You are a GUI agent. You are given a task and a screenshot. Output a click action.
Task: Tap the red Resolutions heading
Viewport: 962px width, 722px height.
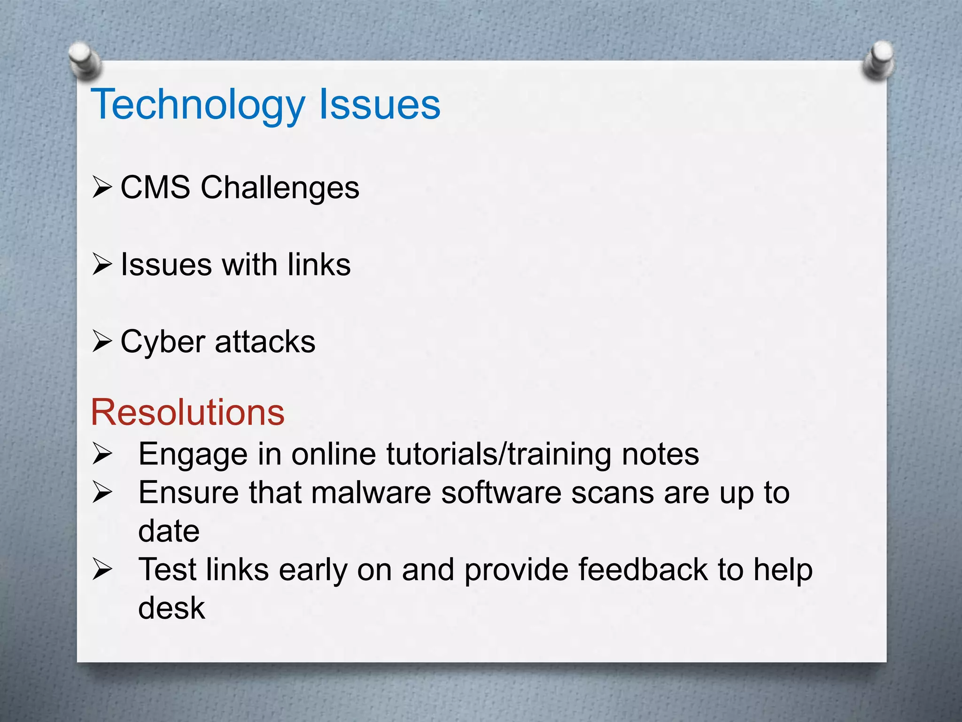187,412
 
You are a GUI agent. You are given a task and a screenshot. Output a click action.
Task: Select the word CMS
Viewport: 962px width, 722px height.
155,187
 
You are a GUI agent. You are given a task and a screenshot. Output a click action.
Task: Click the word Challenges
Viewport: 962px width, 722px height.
280,188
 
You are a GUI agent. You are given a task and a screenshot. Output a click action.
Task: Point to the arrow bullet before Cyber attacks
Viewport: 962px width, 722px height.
102,341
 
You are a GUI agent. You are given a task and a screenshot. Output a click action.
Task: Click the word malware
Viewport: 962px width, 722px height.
371,493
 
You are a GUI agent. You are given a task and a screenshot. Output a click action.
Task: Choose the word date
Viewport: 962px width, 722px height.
169,531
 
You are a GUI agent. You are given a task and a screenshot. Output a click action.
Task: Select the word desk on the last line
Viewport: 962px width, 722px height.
171,608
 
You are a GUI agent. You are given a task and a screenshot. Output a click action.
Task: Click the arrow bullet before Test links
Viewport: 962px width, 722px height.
102,569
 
